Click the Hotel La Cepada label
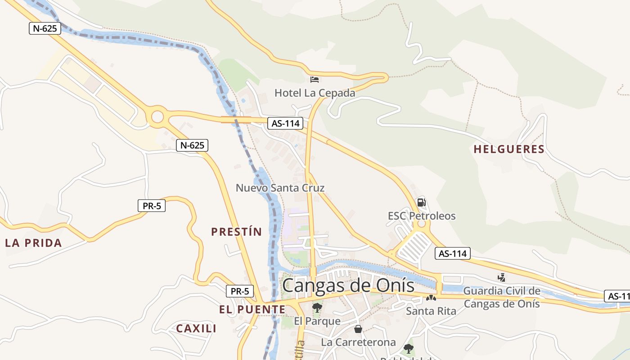(x=315, y=93)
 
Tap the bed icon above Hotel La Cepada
(x=315, y=80)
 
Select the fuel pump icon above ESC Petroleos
(x=421, y=202)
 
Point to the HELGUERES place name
(x=509, y=149)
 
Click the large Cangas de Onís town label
(x=348, y=285)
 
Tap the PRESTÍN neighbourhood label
(x=236, y=232)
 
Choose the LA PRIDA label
(x=33, y=243)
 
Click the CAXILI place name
(x=196, y=328)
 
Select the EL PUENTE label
(x=252, y=310)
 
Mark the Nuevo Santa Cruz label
(x=280, y=188)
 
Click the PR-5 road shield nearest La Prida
(x=152, y=206)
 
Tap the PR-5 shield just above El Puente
(x=239, y=291)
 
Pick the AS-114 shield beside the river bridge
(x=285, y=123)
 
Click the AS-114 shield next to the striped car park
(x=453, y=253)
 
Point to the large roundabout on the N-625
(x=157, y=117)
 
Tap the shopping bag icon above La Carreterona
(x=358, y=329)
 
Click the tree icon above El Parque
(x=317, y=308)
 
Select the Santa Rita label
(x=431, y=311)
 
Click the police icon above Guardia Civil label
(x=501, y=278)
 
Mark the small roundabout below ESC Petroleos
(x=421, y=224)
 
